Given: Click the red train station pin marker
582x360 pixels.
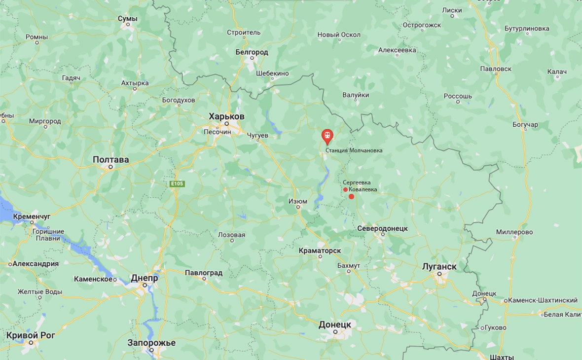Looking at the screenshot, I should point(327,136).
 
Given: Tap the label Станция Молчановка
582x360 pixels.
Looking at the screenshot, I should point(354,150).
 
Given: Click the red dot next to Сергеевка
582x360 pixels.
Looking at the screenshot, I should point(345,189).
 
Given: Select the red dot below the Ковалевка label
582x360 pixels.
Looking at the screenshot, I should point(351,197).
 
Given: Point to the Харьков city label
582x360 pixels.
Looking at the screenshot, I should point(226,116).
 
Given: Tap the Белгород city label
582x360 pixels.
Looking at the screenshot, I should point(252,52).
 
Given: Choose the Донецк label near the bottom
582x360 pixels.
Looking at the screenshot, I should point(335,324).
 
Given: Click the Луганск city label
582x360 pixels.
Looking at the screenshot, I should point(439,266).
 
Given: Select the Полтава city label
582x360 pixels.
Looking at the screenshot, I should point(111,160).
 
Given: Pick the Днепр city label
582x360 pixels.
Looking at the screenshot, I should point(145,278).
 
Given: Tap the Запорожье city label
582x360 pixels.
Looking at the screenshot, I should point(151,343).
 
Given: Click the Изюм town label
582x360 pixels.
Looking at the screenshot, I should point(298,201).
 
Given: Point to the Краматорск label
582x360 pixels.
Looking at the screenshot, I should point(320,251).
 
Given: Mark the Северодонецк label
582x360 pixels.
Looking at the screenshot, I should point(382,228).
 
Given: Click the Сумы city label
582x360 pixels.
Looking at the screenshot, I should point(128,18).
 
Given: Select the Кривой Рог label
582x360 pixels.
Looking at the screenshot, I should point(31,335).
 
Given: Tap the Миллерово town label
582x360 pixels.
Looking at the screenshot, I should point(514,232).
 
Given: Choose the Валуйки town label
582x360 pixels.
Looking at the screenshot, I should point(356,95).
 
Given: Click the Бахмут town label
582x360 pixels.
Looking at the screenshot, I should point(349,265).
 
